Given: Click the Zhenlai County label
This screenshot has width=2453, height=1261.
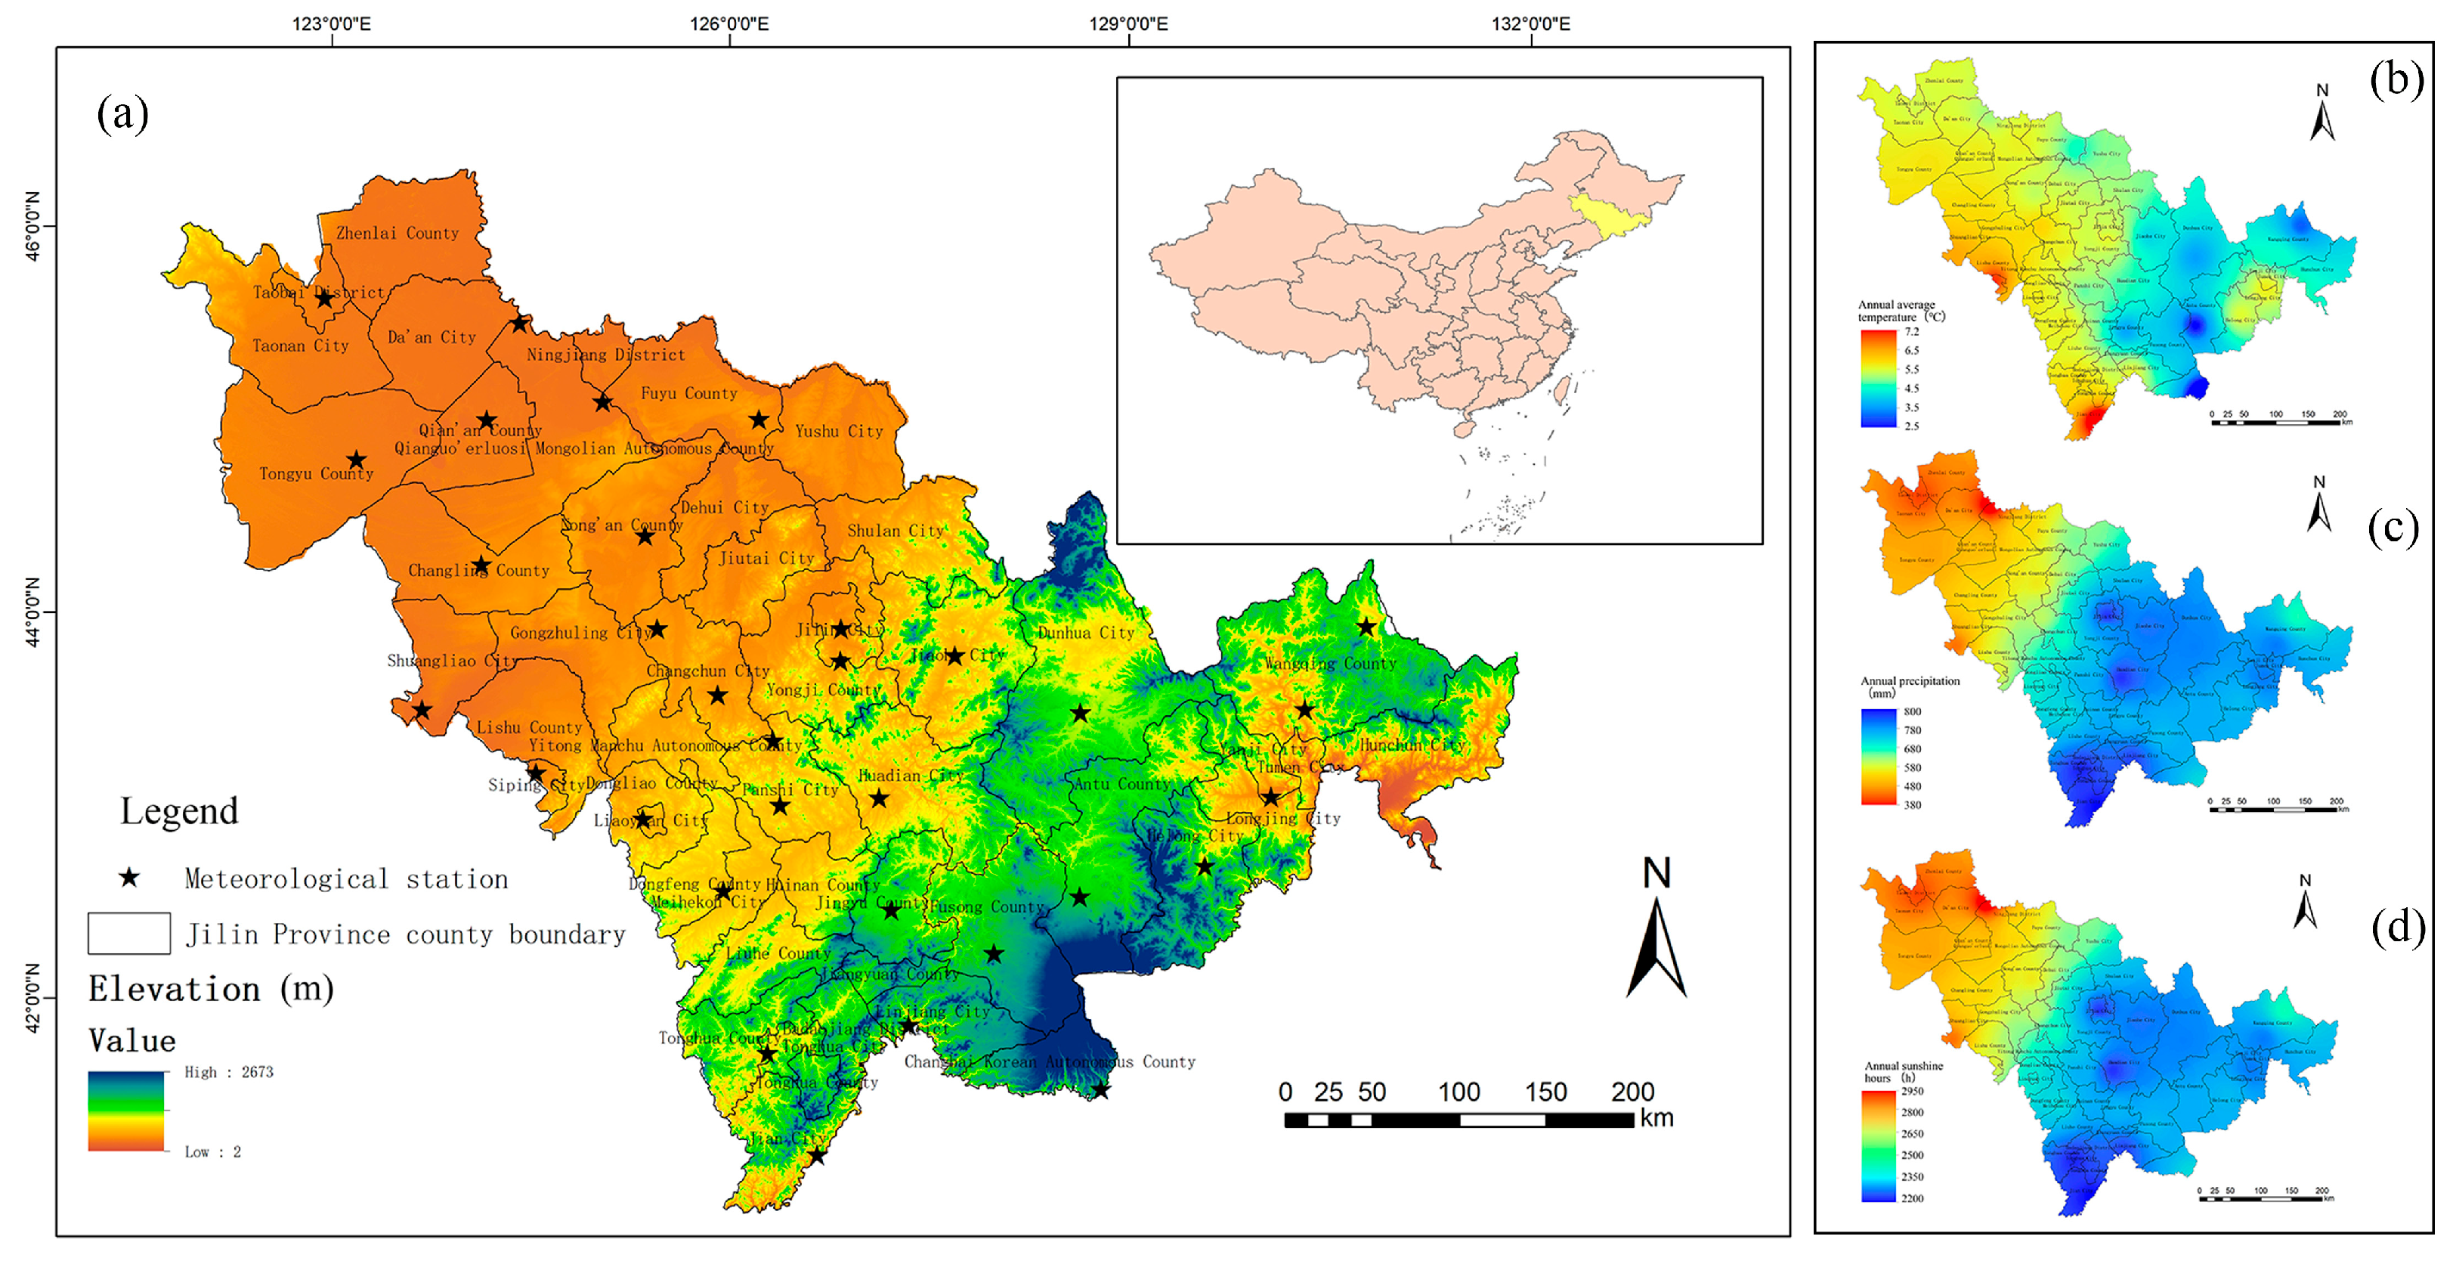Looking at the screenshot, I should click(x=397, y=234).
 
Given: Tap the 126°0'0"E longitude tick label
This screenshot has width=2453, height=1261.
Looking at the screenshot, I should click(x=729, y=23).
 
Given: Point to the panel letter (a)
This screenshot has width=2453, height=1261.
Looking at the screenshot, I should click(x=123, y=114).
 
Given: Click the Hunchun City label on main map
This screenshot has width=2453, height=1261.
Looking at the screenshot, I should click(x=1411, y=745).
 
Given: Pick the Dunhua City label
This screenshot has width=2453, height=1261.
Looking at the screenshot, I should click(x=1087, y=633).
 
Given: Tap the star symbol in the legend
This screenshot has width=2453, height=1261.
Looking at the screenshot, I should click(x=129, y=878).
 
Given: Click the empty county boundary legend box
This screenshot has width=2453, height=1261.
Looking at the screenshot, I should click(x=129, y=934).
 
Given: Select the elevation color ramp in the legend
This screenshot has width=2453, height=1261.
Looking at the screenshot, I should click(x=127, y=1111).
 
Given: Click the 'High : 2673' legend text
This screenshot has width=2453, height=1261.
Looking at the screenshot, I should click(x=228, y=1073).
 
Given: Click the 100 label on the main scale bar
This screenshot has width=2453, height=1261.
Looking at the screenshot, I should click(x=1458, y=1092).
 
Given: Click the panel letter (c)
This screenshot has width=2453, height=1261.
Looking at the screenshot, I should click(x=2393, y=527).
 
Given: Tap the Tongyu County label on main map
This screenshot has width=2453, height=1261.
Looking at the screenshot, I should click(x=316, y=473).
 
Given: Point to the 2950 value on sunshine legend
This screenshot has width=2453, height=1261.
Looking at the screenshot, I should click(x=1912, y=1092).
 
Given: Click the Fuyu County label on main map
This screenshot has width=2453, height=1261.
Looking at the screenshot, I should click(x=688, y=393).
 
